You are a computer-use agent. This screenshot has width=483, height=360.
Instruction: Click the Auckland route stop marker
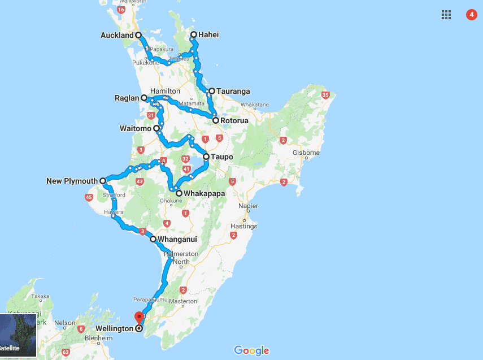[138, 35]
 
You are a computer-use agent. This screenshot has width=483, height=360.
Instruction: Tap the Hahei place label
[208, 35]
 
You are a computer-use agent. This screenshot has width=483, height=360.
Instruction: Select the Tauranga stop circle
[211, 91]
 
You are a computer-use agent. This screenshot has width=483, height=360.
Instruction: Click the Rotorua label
[234, 120]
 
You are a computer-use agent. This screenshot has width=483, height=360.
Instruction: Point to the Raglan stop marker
[144, 98]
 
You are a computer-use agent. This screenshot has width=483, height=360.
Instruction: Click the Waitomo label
[134, 129]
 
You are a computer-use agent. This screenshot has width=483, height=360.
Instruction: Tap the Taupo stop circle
[206, 157]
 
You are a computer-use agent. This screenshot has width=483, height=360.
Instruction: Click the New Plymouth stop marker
[102, 181]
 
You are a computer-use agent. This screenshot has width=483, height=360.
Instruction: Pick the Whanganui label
[177, 240]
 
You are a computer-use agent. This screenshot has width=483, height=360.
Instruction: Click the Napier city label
[248, 206]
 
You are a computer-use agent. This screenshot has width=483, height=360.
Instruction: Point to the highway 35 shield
[324, 94]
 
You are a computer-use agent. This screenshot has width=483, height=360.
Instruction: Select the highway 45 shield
[89, 197]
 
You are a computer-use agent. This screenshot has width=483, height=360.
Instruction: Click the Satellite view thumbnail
[19, 336]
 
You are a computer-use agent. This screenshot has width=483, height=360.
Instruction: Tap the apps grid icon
[446, 15]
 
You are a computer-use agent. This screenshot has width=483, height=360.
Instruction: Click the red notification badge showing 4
[471, 15]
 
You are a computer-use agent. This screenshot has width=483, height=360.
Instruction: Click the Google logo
[251, 351]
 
